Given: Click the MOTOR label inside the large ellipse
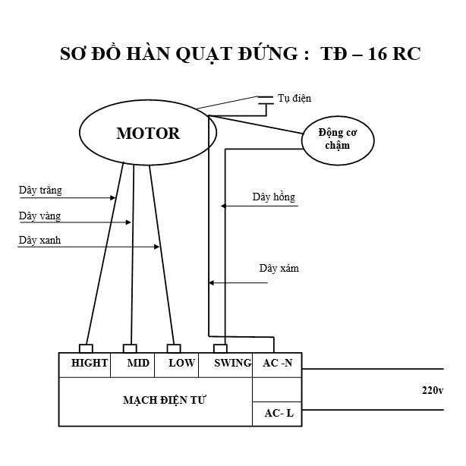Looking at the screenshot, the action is tap(148, 133).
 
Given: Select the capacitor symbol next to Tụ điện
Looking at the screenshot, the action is tap(266, 100).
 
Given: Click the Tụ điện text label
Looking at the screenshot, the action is tap(294, 99).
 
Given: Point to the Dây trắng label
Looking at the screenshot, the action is tap(40, 190).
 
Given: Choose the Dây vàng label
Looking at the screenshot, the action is tap(39, 216).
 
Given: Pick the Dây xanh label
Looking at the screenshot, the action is tap(39, 240).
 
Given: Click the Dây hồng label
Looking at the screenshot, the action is tap(274, 197).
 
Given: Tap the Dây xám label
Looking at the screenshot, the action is tap(279, 268).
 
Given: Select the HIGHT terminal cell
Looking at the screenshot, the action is tap(85, 365).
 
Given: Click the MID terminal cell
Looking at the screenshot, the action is tap(133, 365).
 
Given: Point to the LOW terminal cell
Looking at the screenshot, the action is tap(177, 365).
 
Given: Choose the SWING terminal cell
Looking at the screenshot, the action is tap(225, 365).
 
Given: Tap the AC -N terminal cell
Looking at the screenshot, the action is tap(277, 365).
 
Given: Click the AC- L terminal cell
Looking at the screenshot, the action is tap(277, 414).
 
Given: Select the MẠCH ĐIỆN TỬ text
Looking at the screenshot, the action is tap(164, 400).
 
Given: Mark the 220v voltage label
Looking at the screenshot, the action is tap(433, 390).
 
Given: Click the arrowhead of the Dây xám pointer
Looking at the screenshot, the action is tap(211, 282).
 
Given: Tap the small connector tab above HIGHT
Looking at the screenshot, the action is tap(86, 348).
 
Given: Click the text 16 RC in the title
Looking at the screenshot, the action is tap(394, 54).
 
